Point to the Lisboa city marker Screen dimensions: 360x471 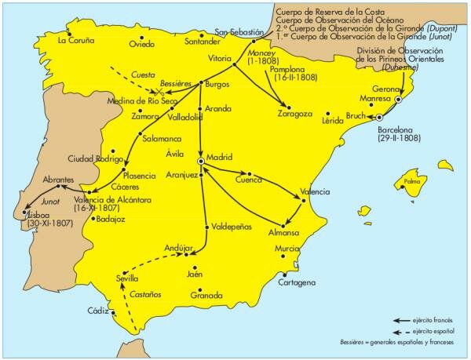pyautogui.click(x=27, y=213)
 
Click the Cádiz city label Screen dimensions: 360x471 pyautogui.click(x=97, y=311)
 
